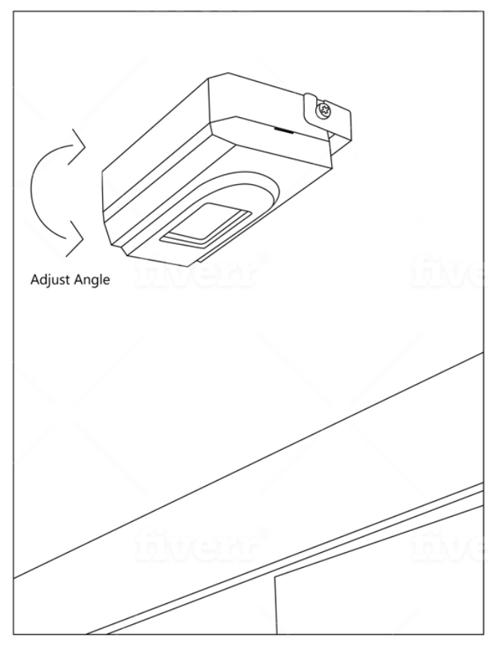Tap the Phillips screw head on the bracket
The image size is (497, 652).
[x=324, y=110]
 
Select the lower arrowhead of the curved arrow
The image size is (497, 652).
[x=76, y=239]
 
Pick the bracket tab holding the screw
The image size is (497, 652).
[x=327, y=116]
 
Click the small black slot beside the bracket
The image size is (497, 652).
[x=284, y=130]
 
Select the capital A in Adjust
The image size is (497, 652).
[x=35, y=279]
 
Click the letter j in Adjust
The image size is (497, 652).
[x=49, y=281]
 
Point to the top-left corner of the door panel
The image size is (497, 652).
[x=274, y=577]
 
